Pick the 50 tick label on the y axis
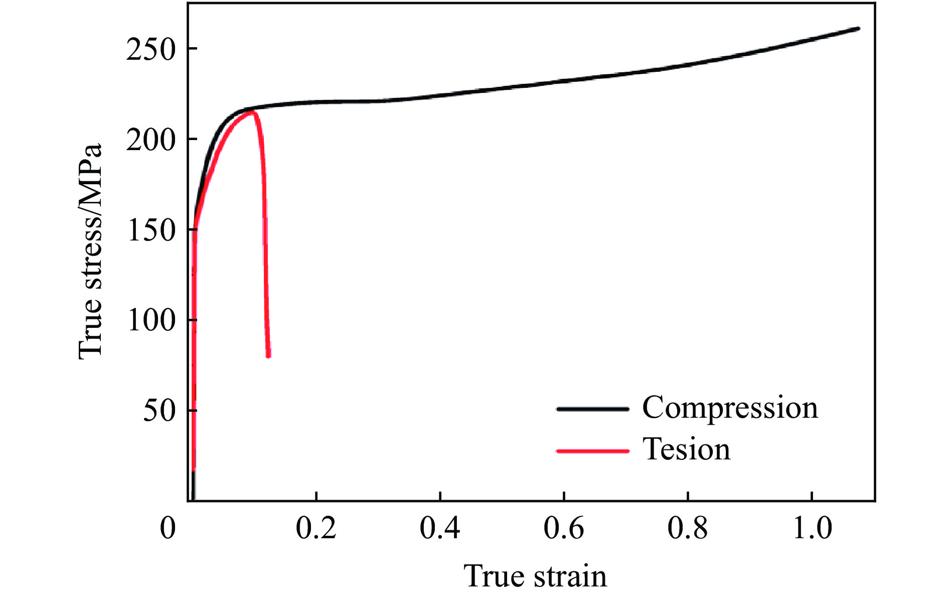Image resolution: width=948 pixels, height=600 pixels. [160, 411]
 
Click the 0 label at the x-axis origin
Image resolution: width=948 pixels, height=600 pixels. [168, 528]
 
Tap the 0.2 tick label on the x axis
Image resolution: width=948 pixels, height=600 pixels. [316, 528]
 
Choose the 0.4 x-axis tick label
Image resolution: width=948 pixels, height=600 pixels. [440, 528]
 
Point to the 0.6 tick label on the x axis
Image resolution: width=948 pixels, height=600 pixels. [564, 528]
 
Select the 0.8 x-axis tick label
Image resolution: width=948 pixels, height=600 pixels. [688, 528]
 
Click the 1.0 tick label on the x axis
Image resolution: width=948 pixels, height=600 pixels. [812, 528]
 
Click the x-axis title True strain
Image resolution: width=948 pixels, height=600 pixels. [535, 576]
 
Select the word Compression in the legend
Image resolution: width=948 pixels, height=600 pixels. [730, 408]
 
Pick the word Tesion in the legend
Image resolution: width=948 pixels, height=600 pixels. [686, 449]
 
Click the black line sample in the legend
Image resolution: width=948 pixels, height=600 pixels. [592, 409]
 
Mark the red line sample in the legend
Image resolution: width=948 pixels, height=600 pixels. [592, 451]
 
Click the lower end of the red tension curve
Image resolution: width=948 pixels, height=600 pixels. [269, 355]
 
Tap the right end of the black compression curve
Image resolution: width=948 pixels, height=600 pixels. [858, 29]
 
